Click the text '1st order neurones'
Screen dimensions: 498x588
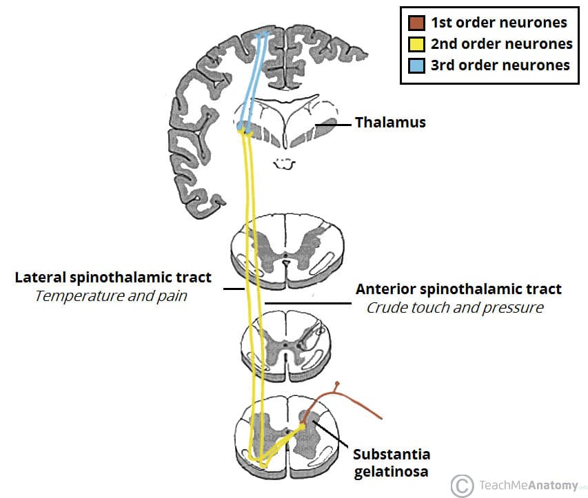498,22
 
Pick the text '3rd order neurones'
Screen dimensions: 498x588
500,65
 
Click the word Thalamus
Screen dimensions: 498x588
390,123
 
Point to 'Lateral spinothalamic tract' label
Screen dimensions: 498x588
113,278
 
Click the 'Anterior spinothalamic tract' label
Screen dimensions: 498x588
458,289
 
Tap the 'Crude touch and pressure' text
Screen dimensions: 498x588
454,307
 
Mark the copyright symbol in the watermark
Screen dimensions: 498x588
464,484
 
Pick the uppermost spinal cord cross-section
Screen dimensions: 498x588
285,250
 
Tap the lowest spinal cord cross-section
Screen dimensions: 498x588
285,436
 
